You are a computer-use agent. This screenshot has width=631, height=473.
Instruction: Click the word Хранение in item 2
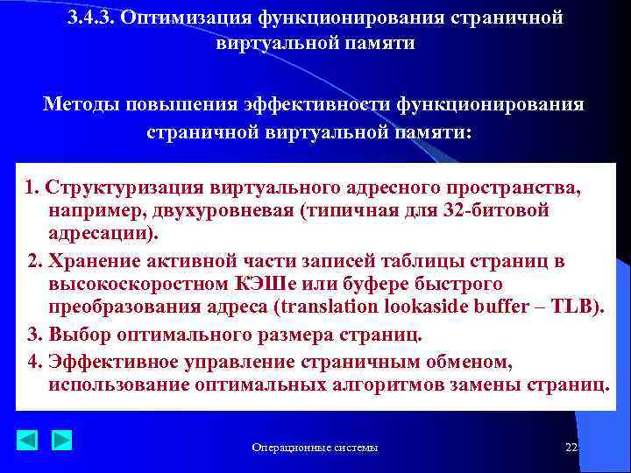(90, 261)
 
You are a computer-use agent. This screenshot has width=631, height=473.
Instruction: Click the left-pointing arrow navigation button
(28, 440)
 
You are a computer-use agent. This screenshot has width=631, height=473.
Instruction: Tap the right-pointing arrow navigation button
(61, 440)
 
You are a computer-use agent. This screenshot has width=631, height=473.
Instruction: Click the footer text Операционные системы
(315, 448)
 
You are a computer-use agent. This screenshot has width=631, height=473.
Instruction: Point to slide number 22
(571, 448)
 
